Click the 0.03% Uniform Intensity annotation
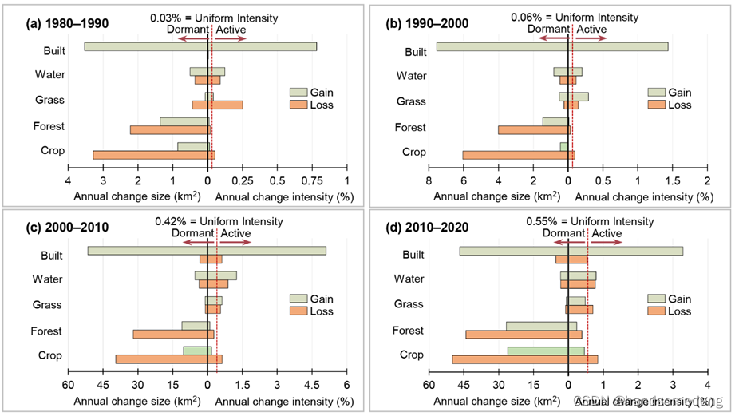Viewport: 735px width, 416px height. click(213, 17)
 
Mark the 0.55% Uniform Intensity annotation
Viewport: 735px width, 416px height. click(590, 221)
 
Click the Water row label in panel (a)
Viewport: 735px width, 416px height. click(50, 75)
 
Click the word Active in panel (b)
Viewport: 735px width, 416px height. click(591, 29)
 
